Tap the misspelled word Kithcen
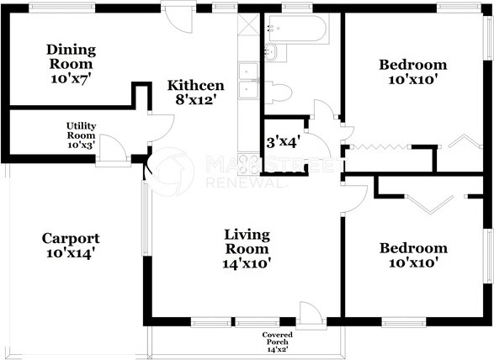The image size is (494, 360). click(195, 85)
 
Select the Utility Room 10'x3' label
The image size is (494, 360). click(82, 135)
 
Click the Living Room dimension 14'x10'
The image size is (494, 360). click(247, 263)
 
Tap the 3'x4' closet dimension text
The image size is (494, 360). click(282, 143)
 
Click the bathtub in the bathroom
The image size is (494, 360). click(296, 29)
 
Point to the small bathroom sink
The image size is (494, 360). click(271, 52)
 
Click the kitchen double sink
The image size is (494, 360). click(248, 81)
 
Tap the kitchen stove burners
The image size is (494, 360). click(248, 164)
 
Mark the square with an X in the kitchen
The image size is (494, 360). click(248, 24)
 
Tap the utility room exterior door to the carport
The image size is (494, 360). click(114, 147)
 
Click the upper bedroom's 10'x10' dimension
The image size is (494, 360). click(413, 79)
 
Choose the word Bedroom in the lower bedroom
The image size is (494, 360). click(413, 248)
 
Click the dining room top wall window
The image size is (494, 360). click(62, 8)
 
